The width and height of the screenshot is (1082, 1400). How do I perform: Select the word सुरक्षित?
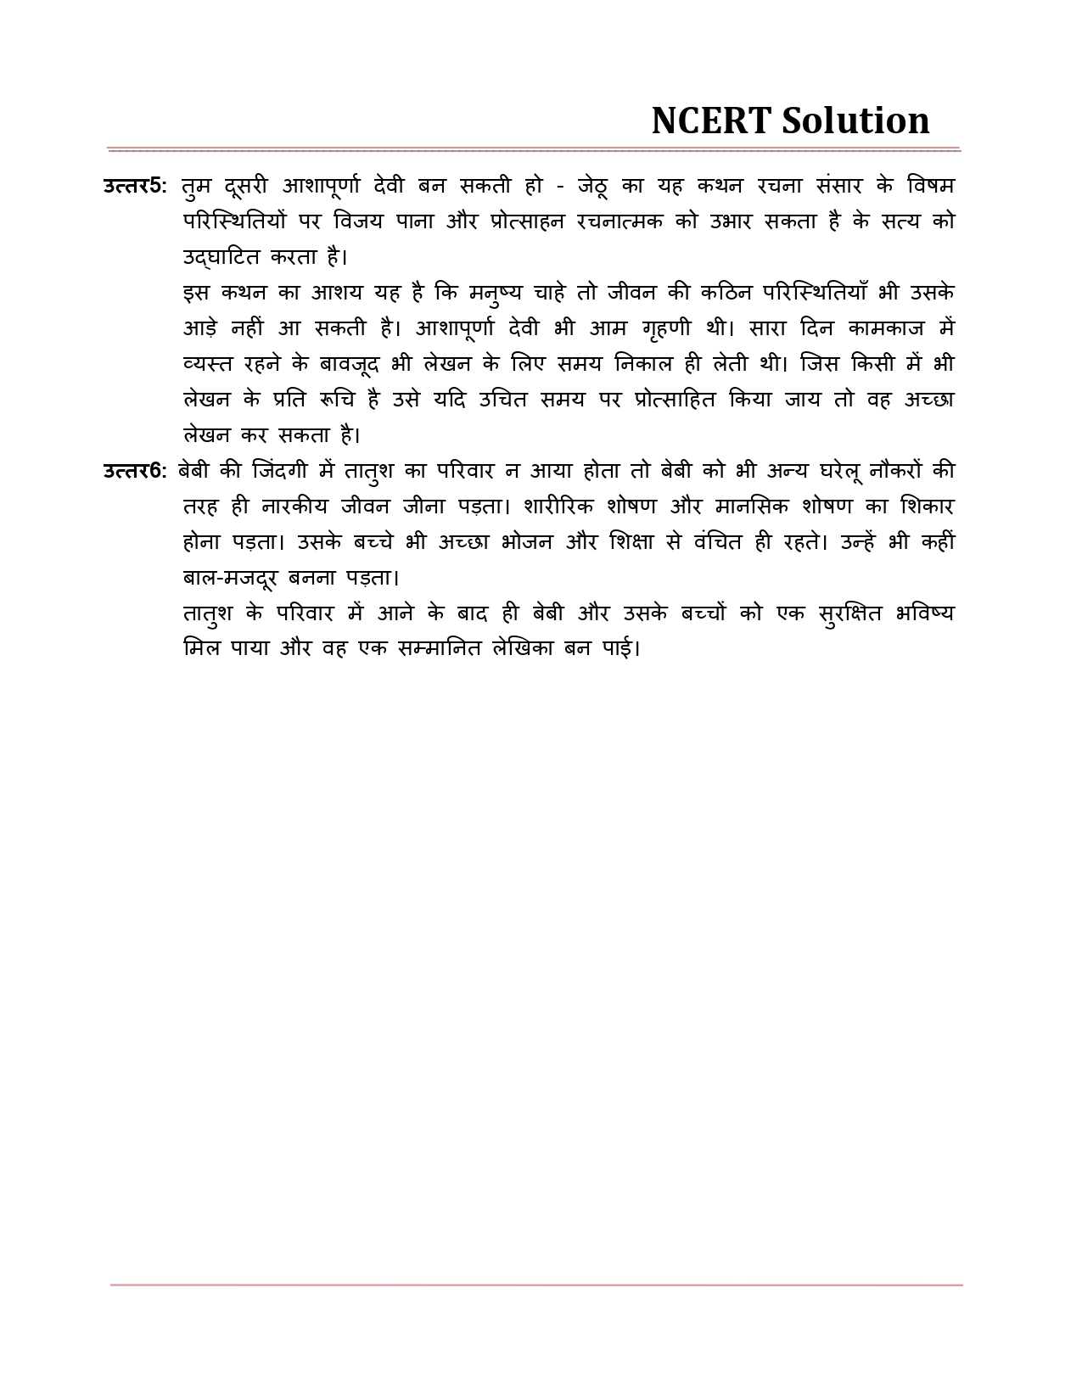[851, 613]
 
